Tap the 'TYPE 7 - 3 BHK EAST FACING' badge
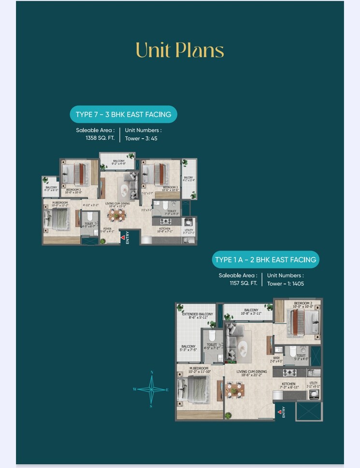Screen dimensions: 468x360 click(x=123, y=115)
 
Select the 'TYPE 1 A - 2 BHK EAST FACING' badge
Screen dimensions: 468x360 click(x=265, y=260)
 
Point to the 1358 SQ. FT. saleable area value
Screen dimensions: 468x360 click(x=100, y=138)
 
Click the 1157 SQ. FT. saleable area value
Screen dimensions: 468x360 click(x=243, y=283)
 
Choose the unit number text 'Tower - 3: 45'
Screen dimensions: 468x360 click(x=141, y=138)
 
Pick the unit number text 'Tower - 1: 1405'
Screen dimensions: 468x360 click(x=286, y=283)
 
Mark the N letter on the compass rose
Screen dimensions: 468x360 click(x=152, y=372)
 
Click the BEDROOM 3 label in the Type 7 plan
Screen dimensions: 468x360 click(x=170, y=188)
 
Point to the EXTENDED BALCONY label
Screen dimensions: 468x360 click(x=197, y=314)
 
